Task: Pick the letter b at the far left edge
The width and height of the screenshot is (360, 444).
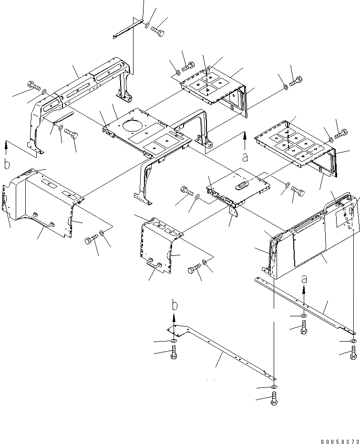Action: pos(7,165)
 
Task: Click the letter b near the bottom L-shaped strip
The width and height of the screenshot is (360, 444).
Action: pos(174,304)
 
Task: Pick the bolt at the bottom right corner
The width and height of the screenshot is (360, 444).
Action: pos(353,353)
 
